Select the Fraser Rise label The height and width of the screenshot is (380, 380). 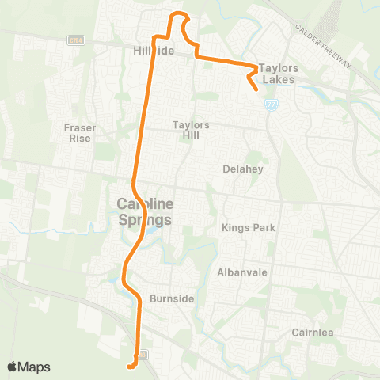(x=80, y=132)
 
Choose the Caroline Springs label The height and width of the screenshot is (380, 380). (x=144, y=211)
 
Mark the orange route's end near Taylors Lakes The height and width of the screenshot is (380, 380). (x=258, y=90)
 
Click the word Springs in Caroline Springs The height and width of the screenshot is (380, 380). (x=144, y=219)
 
